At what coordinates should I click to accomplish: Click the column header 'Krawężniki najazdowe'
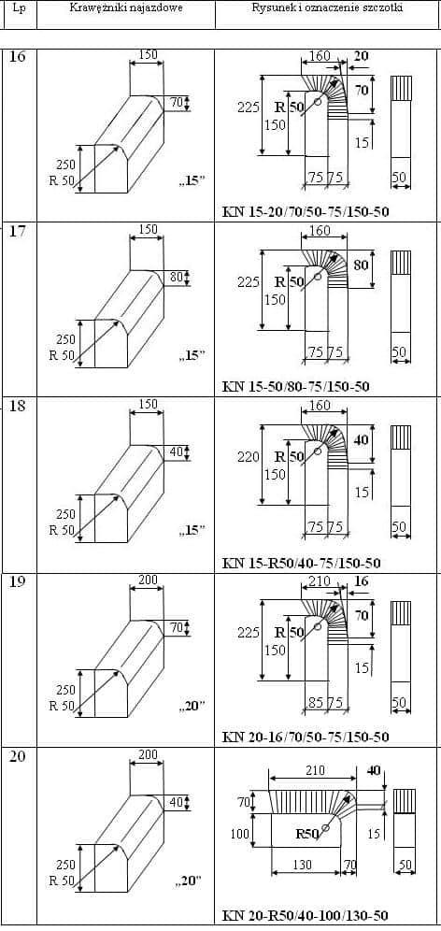(126, 8)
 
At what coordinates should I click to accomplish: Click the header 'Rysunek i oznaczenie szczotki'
(328, 8)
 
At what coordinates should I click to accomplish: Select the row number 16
(19, 58)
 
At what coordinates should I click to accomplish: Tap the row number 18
(19, 406)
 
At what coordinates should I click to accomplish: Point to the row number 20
(19, 757)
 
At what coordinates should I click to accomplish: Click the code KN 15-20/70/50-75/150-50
(306, 212)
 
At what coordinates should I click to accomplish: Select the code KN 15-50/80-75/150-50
(295, 387)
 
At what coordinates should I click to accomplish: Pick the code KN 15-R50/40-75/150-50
(301, 563)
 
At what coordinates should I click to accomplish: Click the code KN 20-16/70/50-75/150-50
(306, 737)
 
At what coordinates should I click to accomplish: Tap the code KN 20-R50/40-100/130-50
(306, 915)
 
